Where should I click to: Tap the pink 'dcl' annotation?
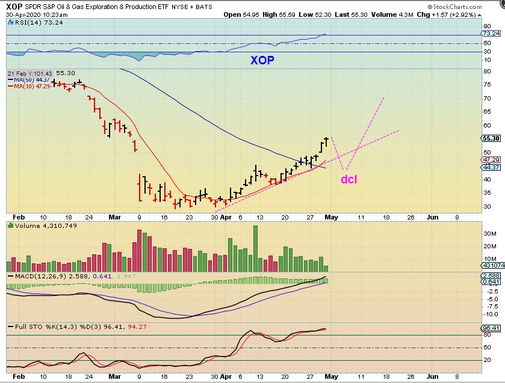click(x=349, y=179)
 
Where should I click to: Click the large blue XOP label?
click(x=264, y=61)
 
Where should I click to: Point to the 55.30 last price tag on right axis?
click(x=491, y=138)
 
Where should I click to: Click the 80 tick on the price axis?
click(x=486, y=71)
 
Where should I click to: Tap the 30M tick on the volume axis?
click(x=489, y=233)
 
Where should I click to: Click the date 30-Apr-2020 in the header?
click(x=23, y=14)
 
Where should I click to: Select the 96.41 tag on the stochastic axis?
click(x=491, y=328)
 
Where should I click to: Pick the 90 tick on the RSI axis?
click(x=486, y=26)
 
